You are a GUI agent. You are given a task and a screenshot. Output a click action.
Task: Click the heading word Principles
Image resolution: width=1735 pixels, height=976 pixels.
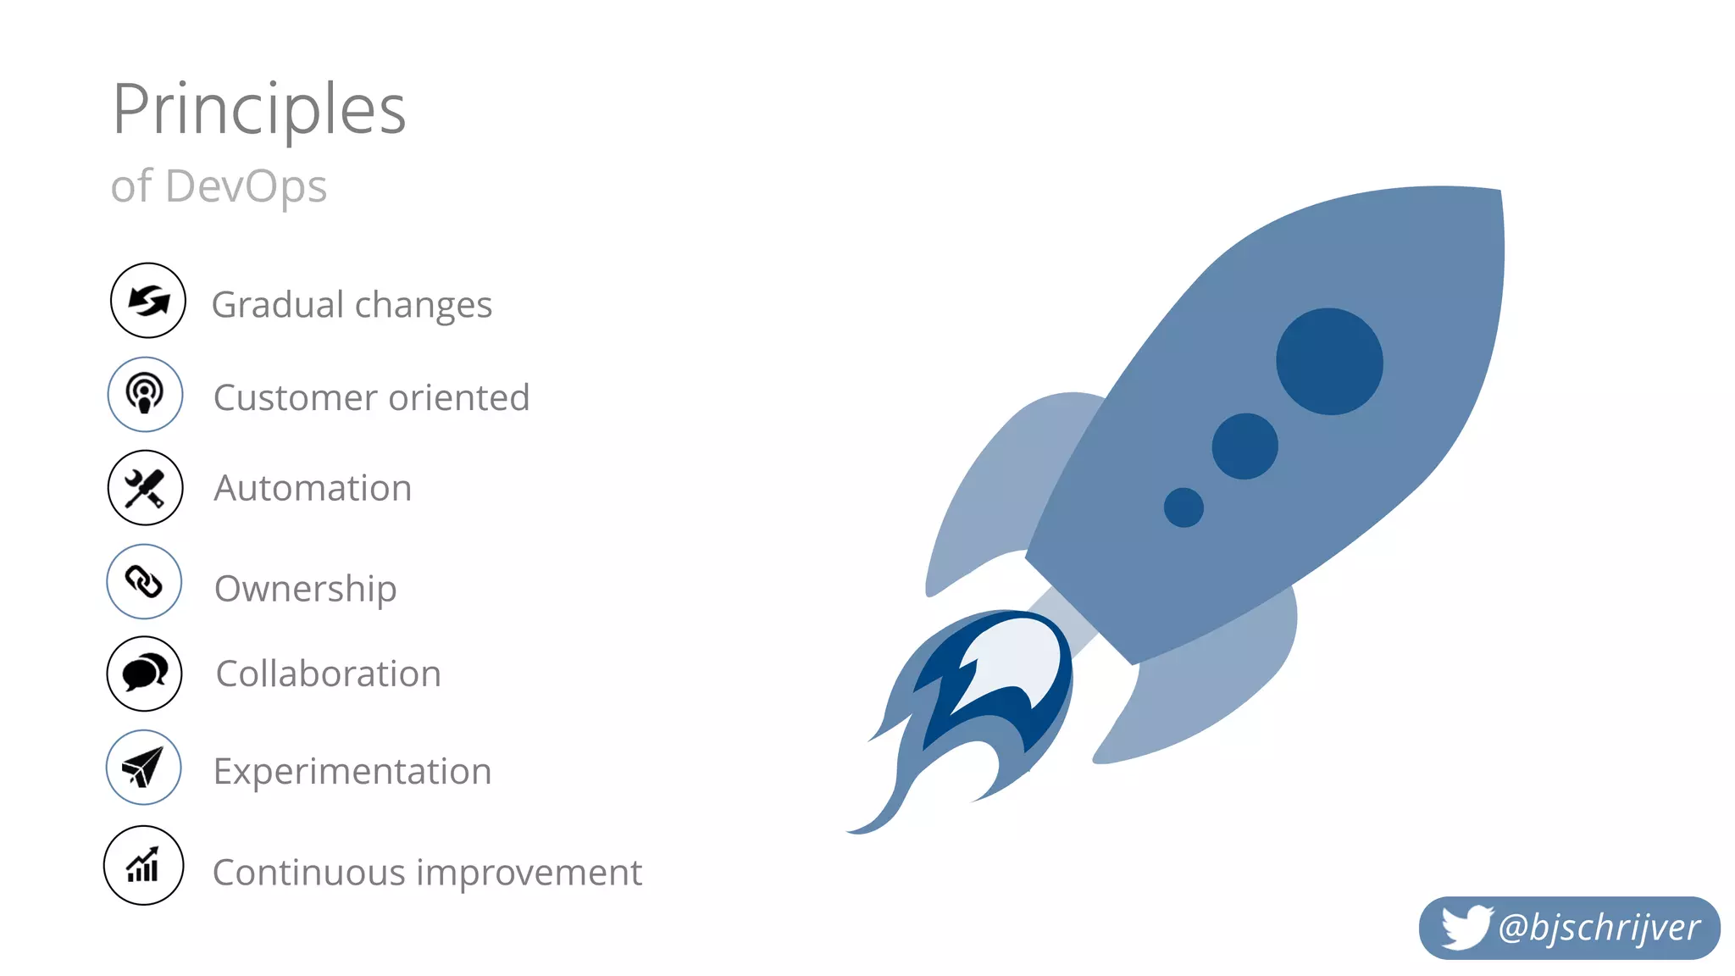point(259,110)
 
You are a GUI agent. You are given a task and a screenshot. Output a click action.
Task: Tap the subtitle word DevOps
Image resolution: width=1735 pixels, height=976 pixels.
point(247,186)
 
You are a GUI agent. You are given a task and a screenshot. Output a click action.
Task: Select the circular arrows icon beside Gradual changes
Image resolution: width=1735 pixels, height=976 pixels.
point(148,301)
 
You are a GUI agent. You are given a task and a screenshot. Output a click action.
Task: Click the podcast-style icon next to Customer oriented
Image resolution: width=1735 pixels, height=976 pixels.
point(145,395)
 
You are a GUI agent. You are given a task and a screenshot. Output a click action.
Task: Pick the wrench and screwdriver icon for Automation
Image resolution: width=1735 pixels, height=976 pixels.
point(145,488)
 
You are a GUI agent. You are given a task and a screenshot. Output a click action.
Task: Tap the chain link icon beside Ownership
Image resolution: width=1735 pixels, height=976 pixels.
point(144,582)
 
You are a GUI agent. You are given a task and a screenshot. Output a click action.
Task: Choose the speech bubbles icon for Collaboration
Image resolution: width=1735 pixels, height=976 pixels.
point(145,674)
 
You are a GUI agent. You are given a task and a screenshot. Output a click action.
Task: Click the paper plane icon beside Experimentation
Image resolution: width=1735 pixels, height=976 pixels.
point(143,768)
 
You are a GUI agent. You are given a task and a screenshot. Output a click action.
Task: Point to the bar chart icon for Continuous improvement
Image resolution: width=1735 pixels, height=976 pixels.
point(143,866)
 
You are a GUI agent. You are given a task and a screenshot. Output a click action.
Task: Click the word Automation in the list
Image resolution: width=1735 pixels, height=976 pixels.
point(313,489)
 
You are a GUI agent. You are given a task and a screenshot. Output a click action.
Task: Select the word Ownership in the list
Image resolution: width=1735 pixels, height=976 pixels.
point(305,589)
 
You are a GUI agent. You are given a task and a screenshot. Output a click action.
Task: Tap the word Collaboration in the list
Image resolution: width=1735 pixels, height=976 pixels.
point(329,674)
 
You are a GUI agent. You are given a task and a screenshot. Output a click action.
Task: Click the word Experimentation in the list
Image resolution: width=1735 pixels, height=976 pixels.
point(352,772)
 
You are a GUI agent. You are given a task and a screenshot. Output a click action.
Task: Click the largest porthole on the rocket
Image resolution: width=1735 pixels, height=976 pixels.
point(1329,362)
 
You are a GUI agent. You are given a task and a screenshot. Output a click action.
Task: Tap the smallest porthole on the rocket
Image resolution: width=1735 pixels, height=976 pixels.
point(1183,507)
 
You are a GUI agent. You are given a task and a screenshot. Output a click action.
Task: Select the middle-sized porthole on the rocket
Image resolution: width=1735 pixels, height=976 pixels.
point(1244,446)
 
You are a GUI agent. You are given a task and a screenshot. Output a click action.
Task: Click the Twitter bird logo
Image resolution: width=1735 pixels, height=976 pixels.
point(1466,927)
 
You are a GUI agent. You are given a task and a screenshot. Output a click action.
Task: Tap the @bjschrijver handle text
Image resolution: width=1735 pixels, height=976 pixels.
point(1599,928)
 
